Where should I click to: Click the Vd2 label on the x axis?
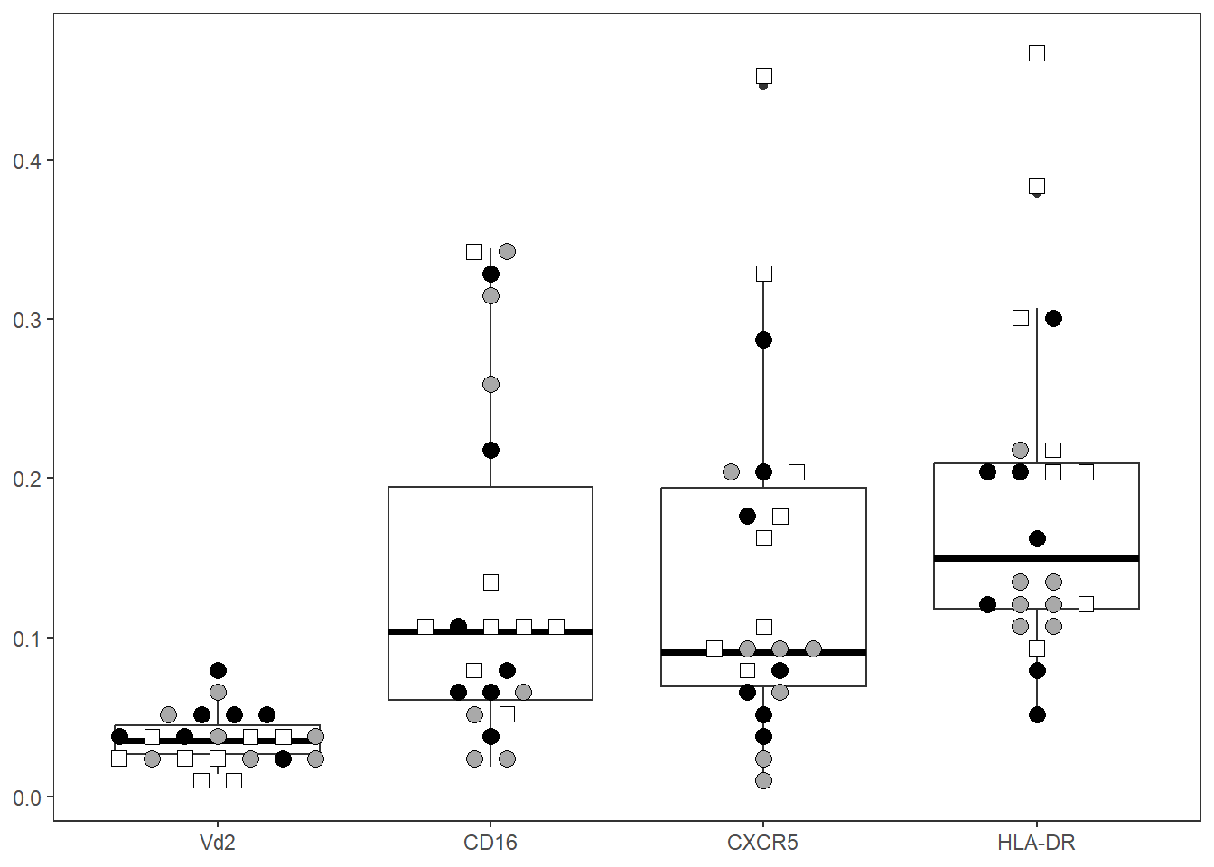(x=217, y=844)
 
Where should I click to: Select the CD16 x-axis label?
(x=490, y=844)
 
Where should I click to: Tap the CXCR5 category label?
(x=762, y=844)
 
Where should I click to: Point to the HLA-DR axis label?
(x=1036, y=844)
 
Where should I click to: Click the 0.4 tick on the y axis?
(x=27, y=161)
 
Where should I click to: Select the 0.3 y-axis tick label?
(x=27, y=320)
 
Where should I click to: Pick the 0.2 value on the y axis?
(x=27, y=479)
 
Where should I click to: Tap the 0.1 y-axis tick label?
(x=27, y=639)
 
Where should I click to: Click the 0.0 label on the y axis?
(x=27, y=797)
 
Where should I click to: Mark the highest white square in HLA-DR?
(x=1037, y=53)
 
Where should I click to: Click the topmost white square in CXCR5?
(x=763, y=76)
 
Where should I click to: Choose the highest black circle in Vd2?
(x=218, y=670)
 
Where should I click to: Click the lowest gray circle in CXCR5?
(x=763, y=780)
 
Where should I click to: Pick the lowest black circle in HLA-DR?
(x=1037, y=714)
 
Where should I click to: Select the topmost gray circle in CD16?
(x=507, y=251)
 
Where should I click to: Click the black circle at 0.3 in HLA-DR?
(x=1053, y=318)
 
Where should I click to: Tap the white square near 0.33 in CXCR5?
(x=763, y=274)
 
